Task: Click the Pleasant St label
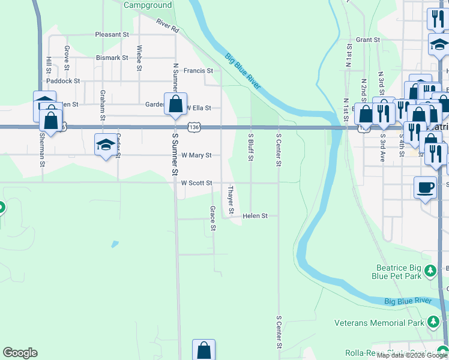tap(112, 35)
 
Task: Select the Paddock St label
tap(63, 80)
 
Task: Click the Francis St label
tap(198, 71)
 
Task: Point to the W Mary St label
tap(196, 155)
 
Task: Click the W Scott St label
tap(196, 183)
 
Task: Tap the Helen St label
tap(255, 216)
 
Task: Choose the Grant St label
tap(368, 40)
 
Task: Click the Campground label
tap(148, 5)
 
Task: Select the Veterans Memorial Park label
tap(379, 323)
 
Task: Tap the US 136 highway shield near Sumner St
tap(193, 127)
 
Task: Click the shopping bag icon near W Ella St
tap(175, 103)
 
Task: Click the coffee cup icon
tap(425, 187)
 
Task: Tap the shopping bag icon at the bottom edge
tap(203, 350)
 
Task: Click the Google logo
tap(20, 353)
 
